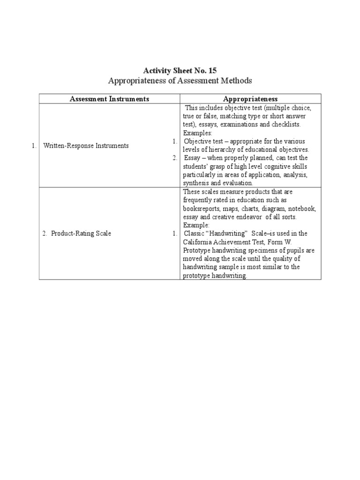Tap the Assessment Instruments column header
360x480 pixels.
[x=109, y=99]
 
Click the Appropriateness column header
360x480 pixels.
[x=250, y=99]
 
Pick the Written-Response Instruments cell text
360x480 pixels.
[x=86, y=146]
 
